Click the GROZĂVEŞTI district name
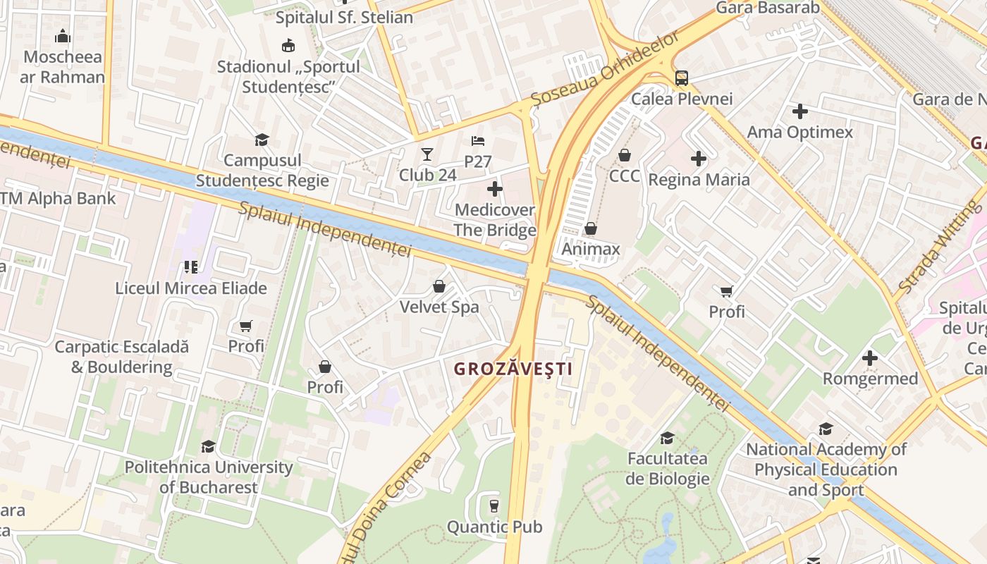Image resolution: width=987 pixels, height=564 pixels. point(512,369)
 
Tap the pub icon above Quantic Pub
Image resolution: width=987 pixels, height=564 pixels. point(494,505)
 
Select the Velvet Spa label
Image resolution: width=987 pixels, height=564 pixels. point(439,307)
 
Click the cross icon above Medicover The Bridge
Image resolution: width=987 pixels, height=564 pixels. point(495,188)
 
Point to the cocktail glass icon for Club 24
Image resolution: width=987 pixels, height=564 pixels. point(427,154)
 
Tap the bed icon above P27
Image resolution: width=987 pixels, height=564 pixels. point(477,140)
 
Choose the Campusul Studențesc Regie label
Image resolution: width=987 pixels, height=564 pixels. point(262,171)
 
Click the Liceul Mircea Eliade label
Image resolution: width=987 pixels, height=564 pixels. point(191,288)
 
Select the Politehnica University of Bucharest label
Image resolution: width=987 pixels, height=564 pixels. point(209,477)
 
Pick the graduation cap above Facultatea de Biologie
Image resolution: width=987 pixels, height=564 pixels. point(667,438)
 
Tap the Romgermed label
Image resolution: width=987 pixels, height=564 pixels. point(870,379)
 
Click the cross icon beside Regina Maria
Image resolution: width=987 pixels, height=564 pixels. point(699,159)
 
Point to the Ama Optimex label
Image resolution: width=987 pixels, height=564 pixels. point(799,132)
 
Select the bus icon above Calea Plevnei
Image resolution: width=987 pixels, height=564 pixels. point(681,78)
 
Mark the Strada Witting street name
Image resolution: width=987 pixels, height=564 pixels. point(939,246)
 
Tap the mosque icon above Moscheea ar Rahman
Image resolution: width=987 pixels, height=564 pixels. point(62,36)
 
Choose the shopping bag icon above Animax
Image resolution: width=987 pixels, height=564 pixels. point(591,228)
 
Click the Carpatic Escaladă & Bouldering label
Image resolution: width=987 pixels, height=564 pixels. point(122,357)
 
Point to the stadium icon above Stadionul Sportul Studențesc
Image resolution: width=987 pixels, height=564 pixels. point(288,46)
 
